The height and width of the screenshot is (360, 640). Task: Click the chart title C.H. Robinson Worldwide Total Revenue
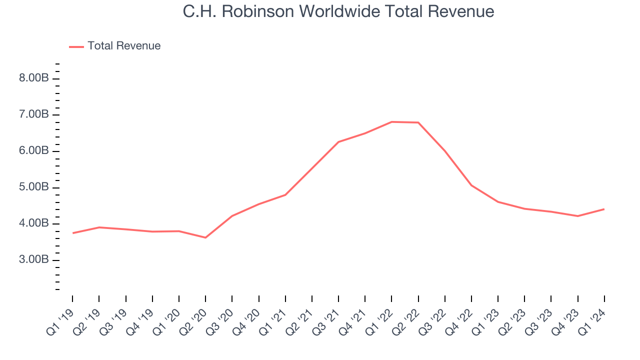coord(338,11)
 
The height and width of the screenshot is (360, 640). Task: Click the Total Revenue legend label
coord(124,46)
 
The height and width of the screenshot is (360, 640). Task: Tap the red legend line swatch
coord(76,46)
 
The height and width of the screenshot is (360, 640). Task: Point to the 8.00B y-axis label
coord(34,78)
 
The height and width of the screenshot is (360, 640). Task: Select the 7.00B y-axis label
coord(34,115)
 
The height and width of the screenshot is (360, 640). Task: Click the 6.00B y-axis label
coord(34,151)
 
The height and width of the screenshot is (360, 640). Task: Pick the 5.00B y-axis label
coord(34,187)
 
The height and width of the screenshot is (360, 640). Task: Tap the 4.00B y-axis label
coord(34,223)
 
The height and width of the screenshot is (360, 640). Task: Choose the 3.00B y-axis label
coord(34,260)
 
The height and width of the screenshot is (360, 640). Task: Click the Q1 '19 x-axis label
coord(60,320)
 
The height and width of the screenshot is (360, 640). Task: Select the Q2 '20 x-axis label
coord(193,320)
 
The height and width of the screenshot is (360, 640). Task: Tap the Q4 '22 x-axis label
coord(459,320)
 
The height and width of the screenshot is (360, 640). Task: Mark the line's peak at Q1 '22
coord(391,121)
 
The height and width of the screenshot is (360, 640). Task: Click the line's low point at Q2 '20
coord(205,237)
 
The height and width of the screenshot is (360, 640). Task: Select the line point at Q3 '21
coord(338,142)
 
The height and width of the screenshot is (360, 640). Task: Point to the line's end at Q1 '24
coord(604,209)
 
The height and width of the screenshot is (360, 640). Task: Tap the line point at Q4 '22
coord(471,185)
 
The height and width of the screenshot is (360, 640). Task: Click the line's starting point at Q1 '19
coord(73,233)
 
